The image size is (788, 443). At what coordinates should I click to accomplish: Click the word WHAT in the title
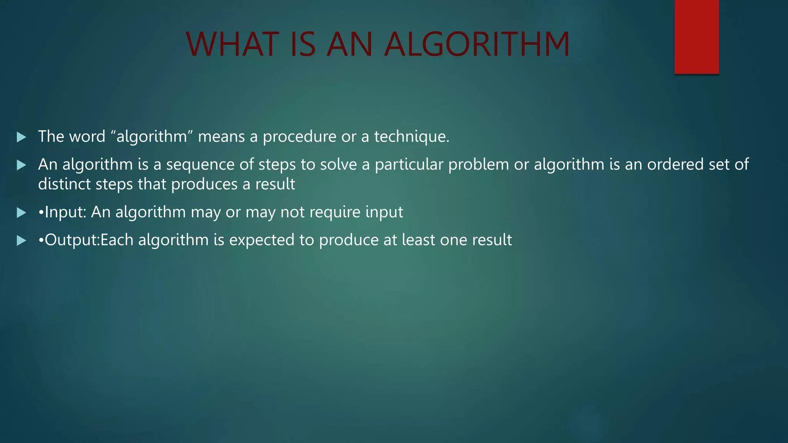[x=232, y=44]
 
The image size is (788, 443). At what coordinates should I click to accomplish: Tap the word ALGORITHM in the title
[x=477, y=44]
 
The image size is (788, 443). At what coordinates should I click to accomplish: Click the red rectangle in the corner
[x=696, y=37]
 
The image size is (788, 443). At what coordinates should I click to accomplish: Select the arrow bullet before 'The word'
[x=22, y=137]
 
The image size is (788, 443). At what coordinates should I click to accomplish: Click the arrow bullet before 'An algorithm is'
[x=22, y=165]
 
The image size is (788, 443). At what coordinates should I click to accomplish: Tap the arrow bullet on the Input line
[x=22, y=212]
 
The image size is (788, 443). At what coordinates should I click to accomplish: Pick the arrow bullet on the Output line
[x=22, y=240]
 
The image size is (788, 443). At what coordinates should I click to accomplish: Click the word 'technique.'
[x=412, y=137]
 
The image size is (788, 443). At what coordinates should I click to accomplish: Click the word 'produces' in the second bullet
[x=204, y=184]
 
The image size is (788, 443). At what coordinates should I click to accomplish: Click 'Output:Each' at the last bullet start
[x=88, y=240]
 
